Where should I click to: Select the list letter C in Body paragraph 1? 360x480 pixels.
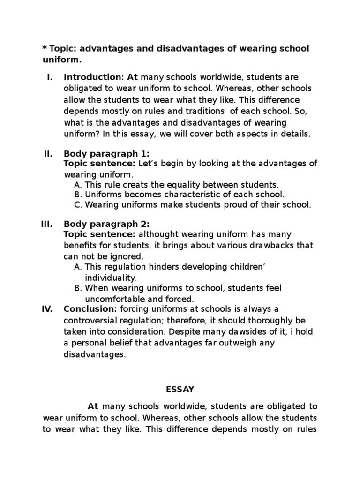pos(77,205)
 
